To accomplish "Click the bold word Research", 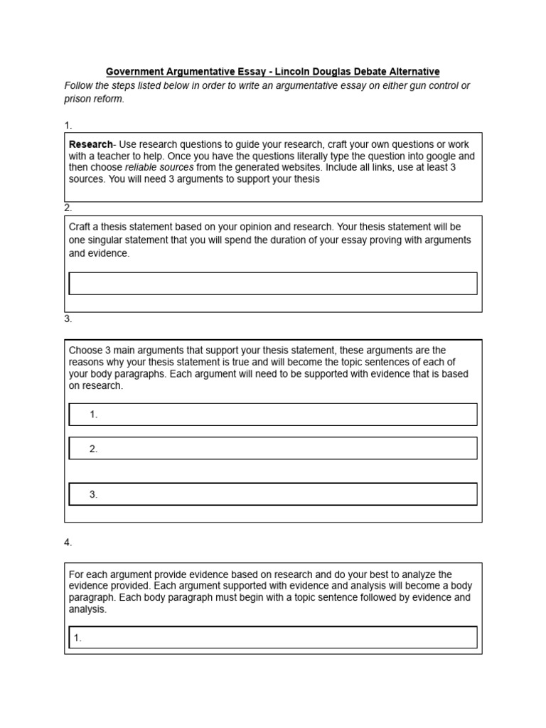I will (90, 144).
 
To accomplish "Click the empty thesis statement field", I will (272, 283).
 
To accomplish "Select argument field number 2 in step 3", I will (272, 449).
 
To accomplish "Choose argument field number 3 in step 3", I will (272, 494).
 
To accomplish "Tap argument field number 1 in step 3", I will (272, 414).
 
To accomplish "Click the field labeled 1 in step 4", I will (272, 638).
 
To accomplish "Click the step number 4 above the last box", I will (68, 542).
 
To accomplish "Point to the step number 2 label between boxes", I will (68, 208).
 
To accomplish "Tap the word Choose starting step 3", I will (85, 350).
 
